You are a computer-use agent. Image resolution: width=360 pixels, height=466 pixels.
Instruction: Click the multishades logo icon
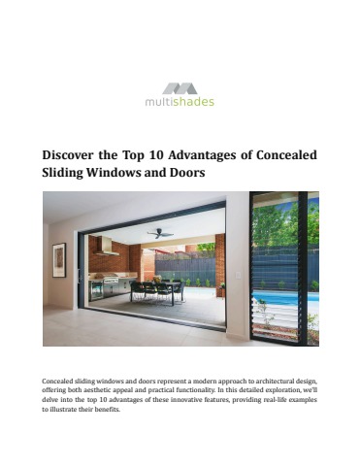[x=180, y=87]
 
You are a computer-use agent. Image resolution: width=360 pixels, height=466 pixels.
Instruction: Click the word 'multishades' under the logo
[x=180, y=101]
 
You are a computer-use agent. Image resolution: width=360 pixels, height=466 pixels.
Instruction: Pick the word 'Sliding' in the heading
[x=66, y=173]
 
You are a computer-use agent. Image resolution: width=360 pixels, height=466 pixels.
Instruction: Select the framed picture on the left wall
[x=59, y=259]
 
